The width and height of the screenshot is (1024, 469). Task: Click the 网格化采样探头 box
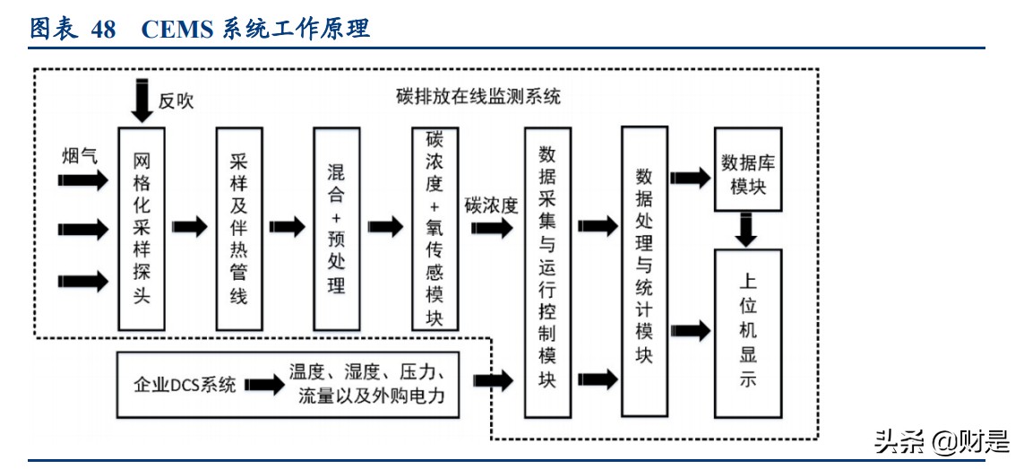tap(142, 229)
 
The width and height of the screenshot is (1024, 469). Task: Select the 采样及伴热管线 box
tap(238, 229)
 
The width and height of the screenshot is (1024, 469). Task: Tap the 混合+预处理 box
tap(336, 229)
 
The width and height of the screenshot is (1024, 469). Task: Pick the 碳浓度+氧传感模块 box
tap(435, 229)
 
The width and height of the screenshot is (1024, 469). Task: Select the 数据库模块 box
tap(748, 169)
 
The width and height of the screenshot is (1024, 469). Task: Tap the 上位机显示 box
tap(748, 333)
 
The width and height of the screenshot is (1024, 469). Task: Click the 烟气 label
tap(79, 154)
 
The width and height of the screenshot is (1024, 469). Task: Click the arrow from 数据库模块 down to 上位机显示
tap(746, 229)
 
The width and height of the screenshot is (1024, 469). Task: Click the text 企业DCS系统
tap(185, 386)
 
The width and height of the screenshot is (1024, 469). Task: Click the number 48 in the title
tap(103, 29)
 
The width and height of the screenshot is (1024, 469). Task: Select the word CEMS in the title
tap(177, 29)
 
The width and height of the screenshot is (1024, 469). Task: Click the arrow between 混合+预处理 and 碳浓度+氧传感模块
tap(385, 227)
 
